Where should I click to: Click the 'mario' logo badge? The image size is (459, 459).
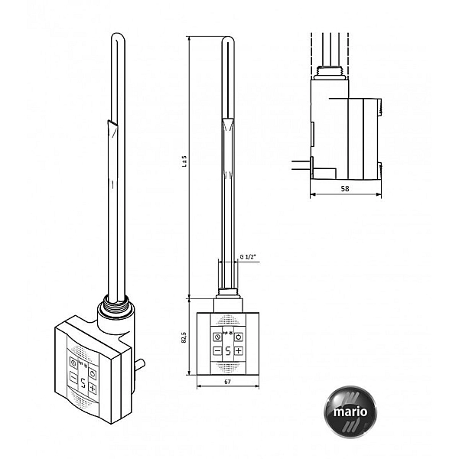click(350, 412)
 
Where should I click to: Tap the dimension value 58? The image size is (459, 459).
click(345, 189)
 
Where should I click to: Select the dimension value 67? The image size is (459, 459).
click(227, 382)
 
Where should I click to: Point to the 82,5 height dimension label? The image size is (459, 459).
click(184, 337)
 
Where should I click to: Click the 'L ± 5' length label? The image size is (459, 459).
click(184, 161)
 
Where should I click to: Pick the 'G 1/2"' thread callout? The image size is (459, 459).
click(248, 257)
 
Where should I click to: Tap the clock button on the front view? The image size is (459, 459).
click(217, 337)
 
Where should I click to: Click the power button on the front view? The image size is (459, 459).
click(239, 337)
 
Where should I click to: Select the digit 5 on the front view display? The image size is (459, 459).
click(228, 350)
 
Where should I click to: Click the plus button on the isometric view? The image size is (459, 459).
click(93, 389)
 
